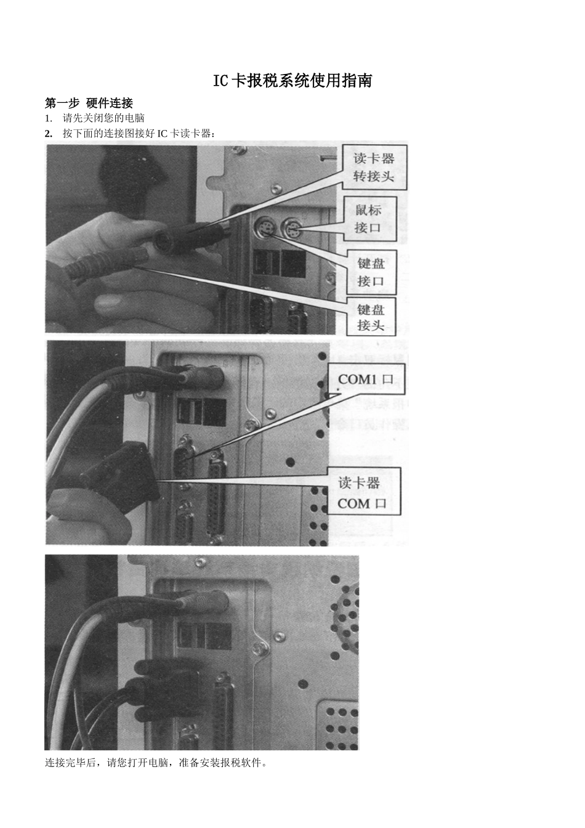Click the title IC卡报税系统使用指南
pos(292,81)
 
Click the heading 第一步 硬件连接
pos(89,103)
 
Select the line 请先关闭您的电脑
pos(103,118)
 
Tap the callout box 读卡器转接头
pos(374,167)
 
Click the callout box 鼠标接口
pos(369,219)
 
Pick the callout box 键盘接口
pos(371,272)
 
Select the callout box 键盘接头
pos(371,317)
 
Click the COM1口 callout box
pos(366,379)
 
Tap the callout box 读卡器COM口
pos(362,493)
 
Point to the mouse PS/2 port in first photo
pos(291,232)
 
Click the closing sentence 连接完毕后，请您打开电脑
pos(156,763)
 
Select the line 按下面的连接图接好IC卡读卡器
pos(139,134)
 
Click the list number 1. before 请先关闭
pos(49,118)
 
